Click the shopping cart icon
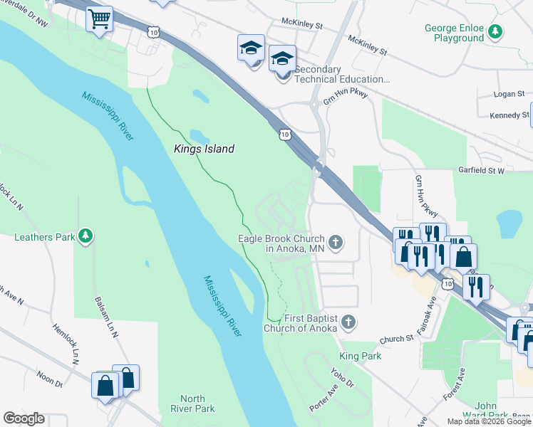tap(100, 19)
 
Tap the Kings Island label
tap(205, 149)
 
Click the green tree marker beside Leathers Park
tap(86, 236)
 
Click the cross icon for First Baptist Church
tap(348, 322)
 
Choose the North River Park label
tap(192, 404)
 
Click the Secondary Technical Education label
tap(342, 75)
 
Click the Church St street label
tap(396, 339)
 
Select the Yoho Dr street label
tap(342, 378)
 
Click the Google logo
tap(24, 418)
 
